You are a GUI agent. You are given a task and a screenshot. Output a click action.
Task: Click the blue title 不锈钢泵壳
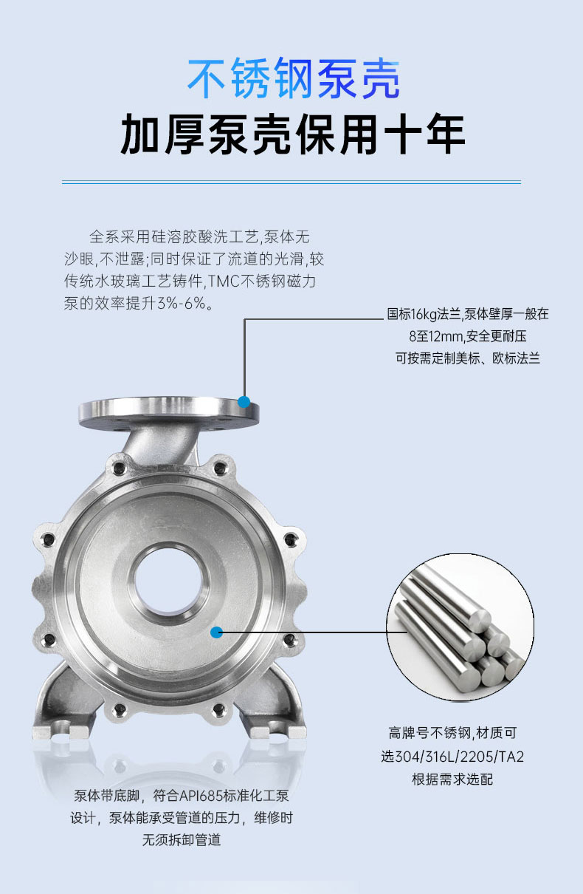(x=294, y=78)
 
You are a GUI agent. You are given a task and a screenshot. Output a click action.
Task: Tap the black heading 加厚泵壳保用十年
(x=293, y=134)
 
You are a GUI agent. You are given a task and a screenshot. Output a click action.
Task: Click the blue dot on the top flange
(x=244, y=401)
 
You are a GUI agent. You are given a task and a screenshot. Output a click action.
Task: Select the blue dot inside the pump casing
(x=216, y=632)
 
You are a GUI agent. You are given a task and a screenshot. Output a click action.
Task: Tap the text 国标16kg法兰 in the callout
(x=424, y=314)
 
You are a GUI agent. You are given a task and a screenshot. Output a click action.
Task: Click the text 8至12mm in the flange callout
(x=436, y=336)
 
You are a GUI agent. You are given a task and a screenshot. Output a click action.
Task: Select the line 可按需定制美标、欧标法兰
(x=468, y=358)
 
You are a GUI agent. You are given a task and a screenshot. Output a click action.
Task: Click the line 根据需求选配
(x=452, y=779)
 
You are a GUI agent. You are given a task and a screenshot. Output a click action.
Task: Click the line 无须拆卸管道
(x=182, y=840)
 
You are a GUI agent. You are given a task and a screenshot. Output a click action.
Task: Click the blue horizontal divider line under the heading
(x=291, y=182)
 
